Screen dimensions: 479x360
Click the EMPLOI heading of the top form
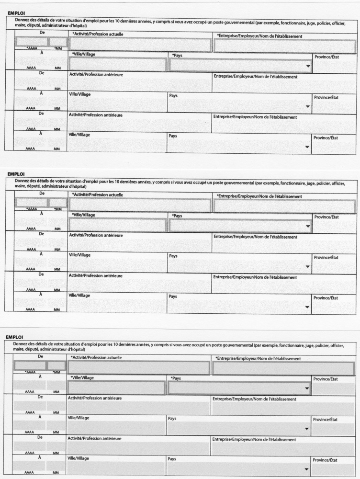pyautogui.click(x=16, y=13)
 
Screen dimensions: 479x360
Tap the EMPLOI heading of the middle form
pyautogui.click(x=16, y=174)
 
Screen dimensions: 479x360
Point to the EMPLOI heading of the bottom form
pyautogui.click(x=15, y=337)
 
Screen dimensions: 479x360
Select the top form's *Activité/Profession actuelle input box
pyautogui.click(x=140, y=45)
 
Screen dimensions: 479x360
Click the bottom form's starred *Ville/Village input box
pyautogui.click(x=116, y=388)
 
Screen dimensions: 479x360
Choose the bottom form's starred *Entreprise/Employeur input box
pyautogui.click(x=283, y=368)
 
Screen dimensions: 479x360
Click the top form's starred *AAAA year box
pyautogui.click(x=31, y=42)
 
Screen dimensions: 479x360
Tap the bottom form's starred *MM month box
pyautogui.click(x=56, y=365)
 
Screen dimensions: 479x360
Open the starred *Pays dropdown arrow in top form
pyautogui.click(x=307, y=66)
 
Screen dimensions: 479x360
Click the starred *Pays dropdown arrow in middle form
pyautogui.click(x=307, y=227)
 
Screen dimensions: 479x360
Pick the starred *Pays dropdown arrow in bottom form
pyautogui.click(x=307, y=388)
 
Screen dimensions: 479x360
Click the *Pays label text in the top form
pyautogui.click(x=177, y=55)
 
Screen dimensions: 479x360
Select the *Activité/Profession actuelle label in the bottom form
pyautogui.click(x=96, y=357)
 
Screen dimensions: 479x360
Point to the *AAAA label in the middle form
pyautogui.click(x=32, y=209)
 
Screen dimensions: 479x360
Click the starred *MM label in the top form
pyautogui.click(x=57, y=48)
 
